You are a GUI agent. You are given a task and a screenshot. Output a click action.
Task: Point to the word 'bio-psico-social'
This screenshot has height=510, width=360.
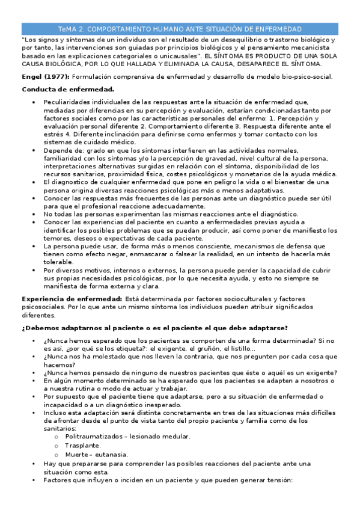pyautogui.click(x=303, y=77)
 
